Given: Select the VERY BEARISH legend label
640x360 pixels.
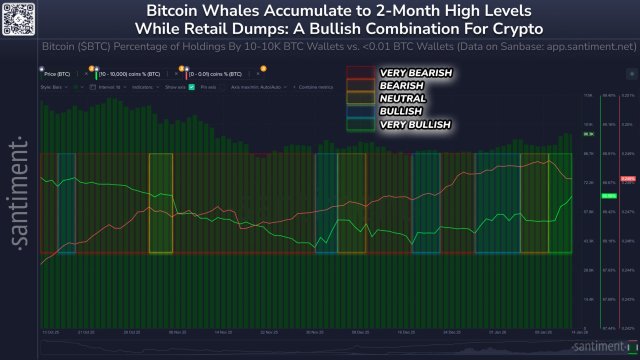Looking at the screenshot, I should [416, 73].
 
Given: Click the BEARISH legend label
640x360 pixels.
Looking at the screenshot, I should [401, 86].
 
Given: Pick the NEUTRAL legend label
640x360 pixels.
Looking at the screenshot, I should [402, 99].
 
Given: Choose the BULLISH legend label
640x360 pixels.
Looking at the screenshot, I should [400, 111].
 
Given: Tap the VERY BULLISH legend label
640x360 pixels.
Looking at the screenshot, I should [415, 124].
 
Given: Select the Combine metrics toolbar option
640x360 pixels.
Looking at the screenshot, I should [310, 87].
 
